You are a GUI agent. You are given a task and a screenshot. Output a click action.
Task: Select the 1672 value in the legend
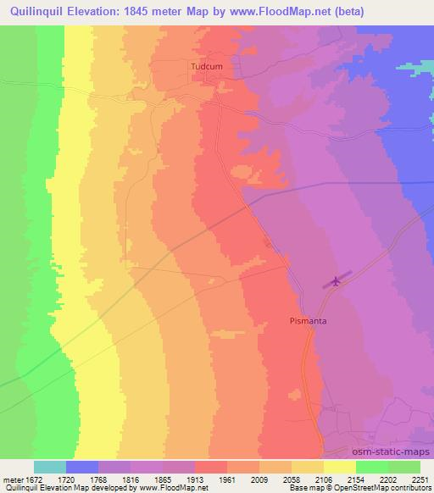34,479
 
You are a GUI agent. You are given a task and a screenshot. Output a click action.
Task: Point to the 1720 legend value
66,479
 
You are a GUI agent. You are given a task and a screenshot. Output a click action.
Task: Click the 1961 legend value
227,479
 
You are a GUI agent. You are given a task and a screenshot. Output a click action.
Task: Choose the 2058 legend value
292,479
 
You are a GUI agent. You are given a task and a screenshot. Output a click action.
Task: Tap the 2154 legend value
356,479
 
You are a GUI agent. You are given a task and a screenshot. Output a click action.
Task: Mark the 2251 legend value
420,479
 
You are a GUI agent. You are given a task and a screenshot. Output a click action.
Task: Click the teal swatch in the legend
50,467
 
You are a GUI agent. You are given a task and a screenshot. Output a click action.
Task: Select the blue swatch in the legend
82,467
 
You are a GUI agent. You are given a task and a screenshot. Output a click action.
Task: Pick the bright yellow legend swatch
340,467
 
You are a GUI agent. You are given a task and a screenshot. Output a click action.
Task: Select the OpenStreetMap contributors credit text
391,489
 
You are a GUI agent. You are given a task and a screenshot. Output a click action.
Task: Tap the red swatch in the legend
211,467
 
